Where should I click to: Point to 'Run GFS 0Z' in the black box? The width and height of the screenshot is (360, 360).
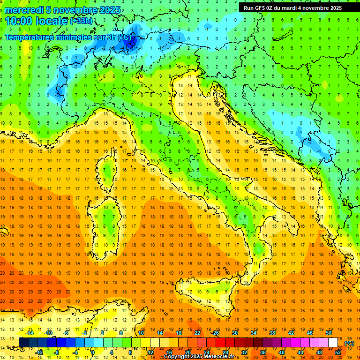262,8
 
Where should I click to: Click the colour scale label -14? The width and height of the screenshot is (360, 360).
30,333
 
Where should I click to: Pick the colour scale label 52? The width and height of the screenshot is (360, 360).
337,352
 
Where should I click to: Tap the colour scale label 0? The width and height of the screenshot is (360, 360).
92,352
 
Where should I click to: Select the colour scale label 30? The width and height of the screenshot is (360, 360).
234,333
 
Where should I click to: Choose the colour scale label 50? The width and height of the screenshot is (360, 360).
329,333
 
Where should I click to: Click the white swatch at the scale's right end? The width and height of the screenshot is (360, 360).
333,343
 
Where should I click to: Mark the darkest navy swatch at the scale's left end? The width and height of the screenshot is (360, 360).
23,343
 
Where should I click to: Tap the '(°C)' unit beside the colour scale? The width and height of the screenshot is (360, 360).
349,343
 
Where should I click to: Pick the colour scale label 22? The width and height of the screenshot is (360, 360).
197,333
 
